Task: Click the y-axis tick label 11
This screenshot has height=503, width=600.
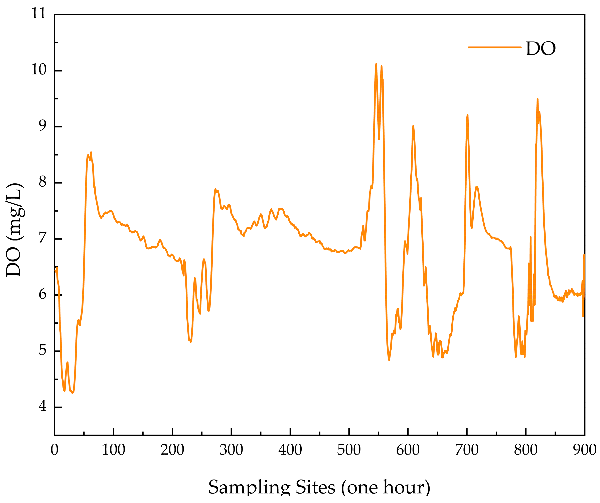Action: pos(39,14)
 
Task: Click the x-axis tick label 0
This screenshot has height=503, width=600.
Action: pos(54,450)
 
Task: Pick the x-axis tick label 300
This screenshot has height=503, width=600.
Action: pos(231,450)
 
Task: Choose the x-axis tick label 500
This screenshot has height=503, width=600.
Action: pos(349,450)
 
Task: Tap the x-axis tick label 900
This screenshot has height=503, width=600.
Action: pos(585,450)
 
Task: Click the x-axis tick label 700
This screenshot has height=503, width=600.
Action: pos(467,450)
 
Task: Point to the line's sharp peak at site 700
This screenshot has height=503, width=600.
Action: pos(467,115)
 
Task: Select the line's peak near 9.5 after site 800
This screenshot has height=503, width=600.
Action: pos(538,99)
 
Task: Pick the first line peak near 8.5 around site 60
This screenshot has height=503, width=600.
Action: pos(91,153)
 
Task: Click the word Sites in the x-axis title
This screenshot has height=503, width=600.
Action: pos(315,487)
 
